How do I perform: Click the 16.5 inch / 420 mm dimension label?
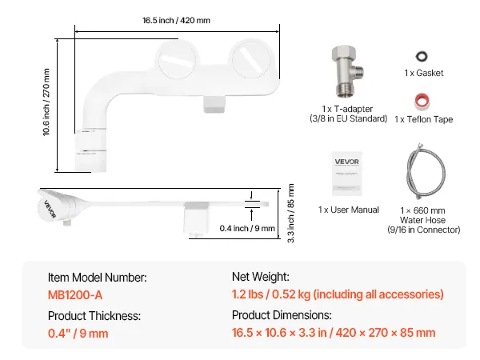176,21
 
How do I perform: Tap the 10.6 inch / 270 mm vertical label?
46,102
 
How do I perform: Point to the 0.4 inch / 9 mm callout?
247,228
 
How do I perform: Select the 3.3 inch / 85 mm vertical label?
291,214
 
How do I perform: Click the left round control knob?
177,59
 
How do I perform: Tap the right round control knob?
252,58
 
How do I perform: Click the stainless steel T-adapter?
347,72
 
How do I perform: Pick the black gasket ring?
422,56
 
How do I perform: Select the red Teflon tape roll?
422,102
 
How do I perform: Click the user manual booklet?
347,174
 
